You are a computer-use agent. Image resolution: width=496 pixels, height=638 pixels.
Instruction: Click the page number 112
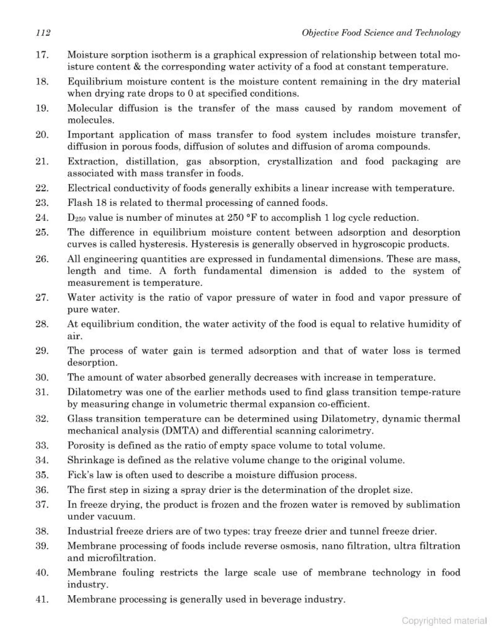tap(43, 33)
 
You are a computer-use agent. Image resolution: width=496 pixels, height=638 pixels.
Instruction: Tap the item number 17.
tap(42, 55)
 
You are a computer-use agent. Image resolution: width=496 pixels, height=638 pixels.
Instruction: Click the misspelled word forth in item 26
tap(185, 271)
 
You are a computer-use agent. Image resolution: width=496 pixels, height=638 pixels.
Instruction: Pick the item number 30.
tap(42, 377)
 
